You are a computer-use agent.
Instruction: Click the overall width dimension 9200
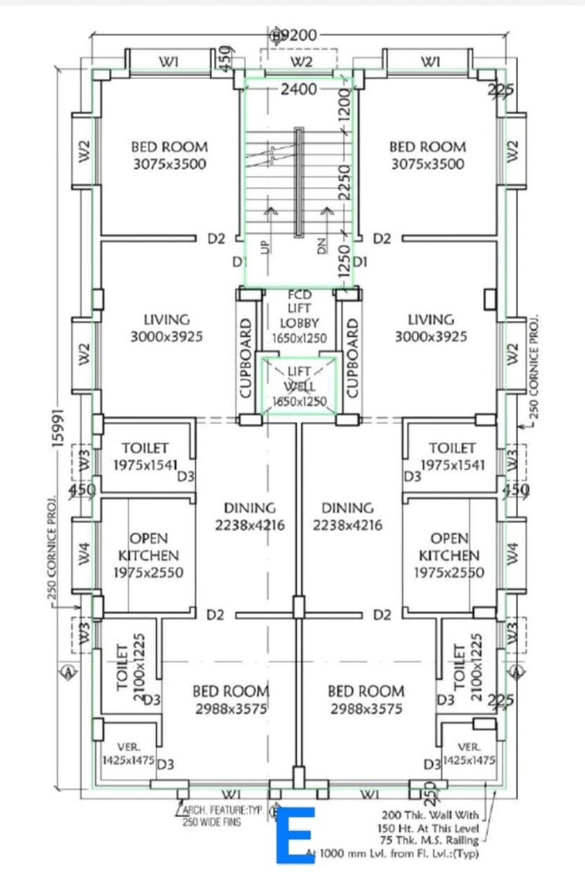(x=298, y=35)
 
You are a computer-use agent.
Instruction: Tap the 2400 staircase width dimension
(x=298, y=90)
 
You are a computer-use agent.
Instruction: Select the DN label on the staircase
(x=321, y=246)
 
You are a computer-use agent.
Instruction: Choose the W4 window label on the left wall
(x=85, y=553)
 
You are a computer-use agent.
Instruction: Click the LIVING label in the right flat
(x=431, y=328)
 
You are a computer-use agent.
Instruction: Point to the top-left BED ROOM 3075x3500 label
(x=169, y=155)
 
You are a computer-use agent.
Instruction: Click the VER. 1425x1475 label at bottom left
(x=128, y=754)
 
